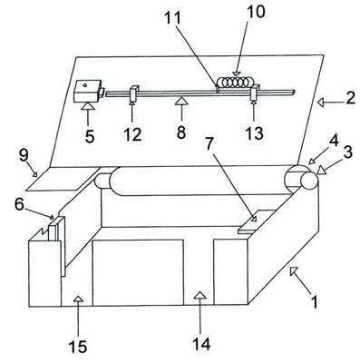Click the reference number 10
[256, 12]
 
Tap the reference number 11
[172, 19]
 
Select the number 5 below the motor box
[90, 136]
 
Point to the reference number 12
[132, 134]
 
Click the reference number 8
[181, 132]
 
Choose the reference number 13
[254, 133]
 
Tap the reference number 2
[351, 98]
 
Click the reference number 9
[24, 156]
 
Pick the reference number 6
[19, 204]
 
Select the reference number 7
[209, 145]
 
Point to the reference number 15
[78, 346]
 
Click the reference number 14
[201, 344]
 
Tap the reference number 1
[315, 302]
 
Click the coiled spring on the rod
[236, 83]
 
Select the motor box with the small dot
[87, 91]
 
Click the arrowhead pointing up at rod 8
[181, 100]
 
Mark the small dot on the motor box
[85, 85]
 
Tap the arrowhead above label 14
[199, 295]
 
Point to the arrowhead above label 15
[78, 299]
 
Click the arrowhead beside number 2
[321, 103]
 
